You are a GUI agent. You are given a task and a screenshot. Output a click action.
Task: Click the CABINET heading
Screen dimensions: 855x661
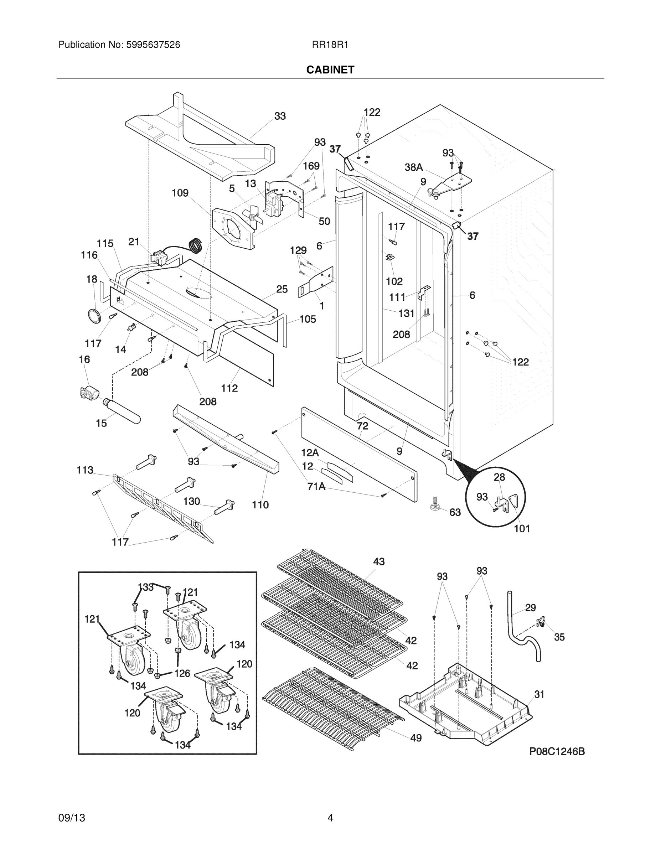(x=330, y=70)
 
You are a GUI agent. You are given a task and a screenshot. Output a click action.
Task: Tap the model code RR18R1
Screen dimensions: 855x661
(x=330, y=45)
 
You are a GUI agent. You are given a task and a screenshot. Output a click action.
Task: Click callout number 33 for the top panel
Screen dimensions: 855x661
(x=280, y=116)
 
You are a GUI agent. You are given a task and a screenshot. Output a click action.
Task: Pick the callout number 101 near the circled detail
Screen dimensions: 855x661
(x=522, y=529)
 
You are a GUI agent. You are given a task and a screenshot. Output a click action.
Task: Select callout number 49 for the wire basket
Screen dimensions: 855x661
(x=416, y=738)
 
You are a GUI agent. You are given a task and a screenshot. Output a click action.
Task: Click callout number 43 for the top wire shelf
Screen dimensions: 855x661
(x=379, y=562)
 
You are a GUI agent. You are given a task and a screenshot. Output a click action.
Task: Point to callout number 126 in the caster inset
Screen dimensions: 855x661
(x=182, y=673)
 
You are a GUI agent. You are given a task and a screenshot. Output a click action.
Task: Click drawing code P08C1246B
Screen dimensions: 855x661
(x=557, y=751)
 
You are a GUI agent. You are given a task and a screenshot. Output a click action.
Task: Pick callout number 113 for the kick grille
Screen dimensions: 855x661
(x=85, y=470)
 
